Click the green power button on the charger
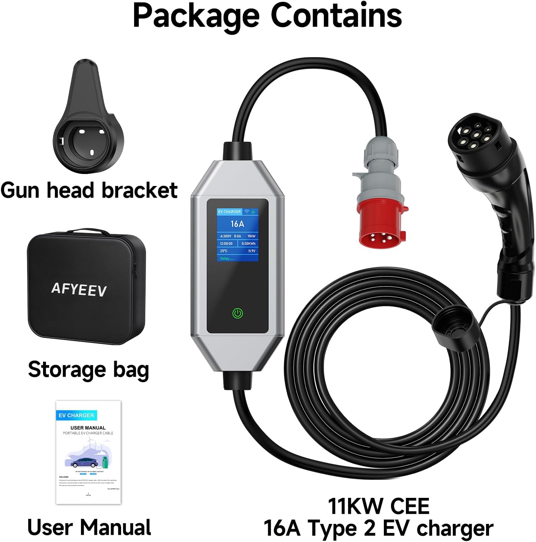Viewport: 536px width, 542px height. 237,313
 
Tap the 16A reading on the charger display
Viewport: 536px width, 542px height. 237,224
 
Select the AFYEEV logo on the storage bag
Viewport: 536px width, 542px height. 79,289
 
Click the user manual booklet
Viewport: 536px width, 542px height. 88,452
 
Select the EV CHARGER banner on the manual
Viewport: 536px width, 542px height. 76,415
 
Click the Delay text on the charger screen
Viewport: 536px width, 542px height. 225,258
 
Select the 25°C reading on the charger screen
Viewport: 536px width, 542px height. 224,251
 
